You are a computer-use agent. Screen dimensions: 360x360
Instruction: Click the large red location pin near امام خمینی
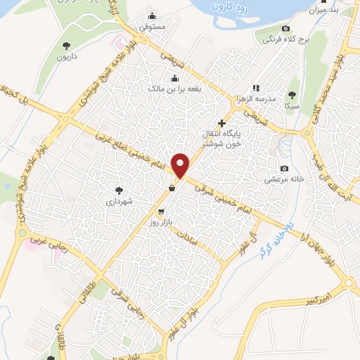coord(181,165)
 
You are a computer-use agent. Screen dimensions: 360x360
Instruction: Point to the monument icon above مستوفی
coord(153,17)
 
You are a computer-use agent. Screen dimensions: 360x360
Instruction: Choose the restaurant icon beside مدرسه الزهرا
coord(255,88)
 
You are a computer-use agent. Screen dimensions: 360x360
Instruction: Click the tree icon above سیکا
coord(292,94)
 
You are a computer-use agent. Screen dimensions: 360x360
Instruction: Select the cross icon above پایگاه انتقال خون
coord(222,122)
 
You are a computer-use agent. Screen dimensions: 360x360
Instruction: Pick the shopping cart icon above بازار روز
coord(161,211)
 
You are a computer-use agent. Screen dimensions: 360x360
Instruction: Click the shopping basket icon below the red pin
coord(172,187)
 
